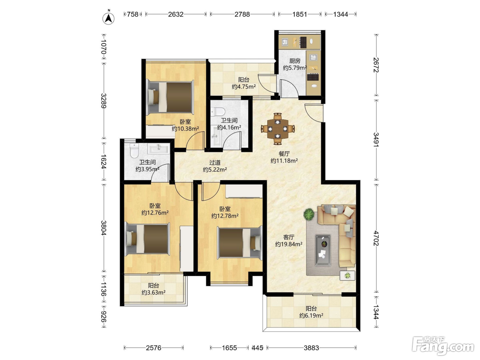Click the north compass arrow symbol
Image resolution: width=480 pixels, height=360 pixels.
coord(108,19)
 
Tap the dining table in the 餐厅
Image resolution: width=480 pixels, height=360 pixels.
coord(278,129)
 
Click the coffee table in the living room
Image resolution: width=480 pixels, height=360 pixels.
coord(323,250)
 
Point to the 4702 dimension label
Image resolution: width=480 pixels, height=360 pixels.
coord(376,238)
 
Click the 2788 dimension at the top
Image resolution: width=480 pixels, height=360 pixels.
coord(242,14)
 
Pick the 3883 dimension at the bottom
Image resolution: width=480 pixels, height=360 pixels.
coord(311,348)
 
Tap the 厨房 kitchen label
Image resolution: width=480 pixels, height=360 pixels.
coord(295,61)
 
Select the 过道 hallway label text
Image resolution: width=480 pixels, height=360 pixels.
coord(215,163)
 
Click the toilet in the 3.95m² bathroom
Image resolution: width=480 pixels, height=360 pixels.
coord(134,151)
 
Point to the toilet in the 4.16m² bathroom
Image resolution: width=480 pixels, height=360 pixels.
coord(218,112)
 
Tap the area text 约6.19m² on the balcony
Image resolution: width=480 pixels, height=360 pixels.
coord(311,315)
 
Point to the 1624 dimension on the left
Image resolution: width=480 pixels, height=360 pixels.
coord(104,162)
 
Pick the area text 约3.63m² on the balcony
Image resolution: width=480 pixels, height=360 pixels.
coord(153,292)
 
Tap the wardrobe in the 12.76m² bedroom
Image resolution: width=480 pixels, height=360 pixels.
coord(187,249)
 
